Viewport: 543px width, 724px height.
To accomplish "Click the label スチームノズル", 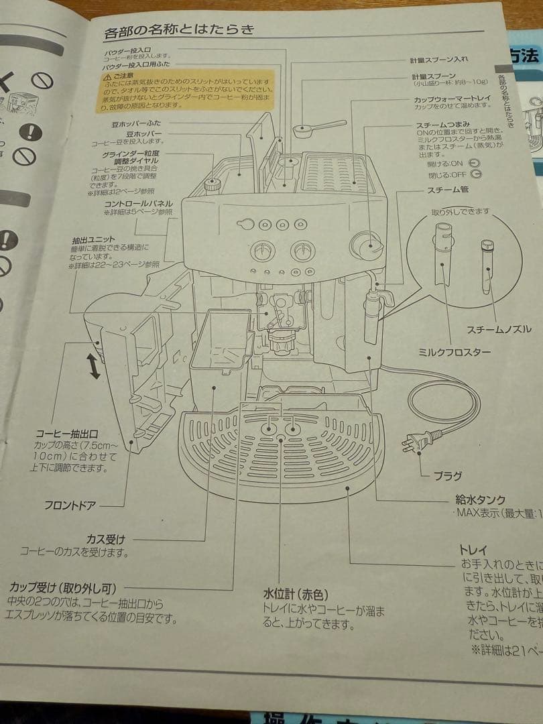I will pos(499,329).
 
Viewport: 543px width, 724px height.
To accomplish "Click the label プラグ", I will pos(447,476).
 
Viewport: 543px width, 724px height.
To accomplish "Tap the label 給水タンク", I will pos(480,499).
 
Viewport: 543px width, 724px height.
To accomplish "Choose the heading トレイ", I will pos(473,550).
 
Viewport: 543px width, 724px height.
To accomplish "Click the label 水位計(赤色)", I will pos(294,594).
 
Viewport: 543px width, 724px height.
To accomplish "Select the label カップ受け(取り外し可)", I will pos(62,588).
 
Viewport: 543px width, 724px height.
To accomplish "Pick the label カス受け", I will pos(106,538).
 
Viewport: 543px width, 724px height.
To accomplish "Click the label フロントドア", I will pos(70,505).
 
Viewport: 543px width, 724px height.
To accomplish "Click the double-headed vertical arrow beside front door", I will pos(94,367).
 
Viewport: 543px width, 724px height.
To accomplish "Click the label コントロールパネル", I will pos(139,202).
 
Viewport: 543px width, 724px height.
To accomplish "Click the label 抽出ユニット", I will pos(94,239).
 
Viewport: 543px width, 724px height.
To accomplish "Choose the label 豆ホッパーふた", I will pos(136,123).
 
